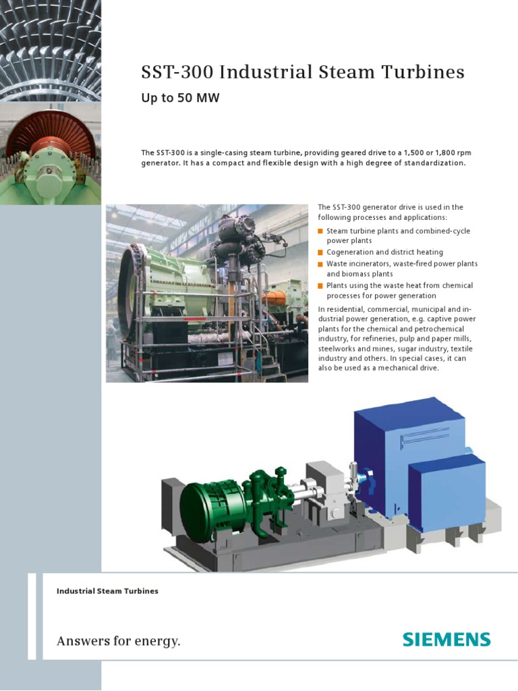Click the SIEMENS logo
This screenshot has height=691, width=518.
(447, 639)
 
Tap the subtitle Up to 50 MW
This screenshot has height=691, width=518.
(180, 98)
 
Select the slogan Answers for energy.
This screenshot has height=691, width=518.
(119, 640)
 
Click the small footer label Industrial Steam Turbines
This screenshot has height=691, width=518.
(107, 591)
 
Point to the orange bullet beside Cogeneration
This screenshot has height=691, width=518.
(320, 252)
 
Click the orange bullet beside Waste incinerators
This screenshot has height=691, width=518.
(320, 263)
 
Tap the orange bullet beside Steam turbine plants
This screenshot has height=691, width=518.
(320, 231)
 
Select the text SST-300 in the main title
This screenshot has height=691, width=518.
(169, 73)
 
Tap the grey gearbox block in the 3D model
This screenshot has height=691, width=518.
(324, 489)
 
